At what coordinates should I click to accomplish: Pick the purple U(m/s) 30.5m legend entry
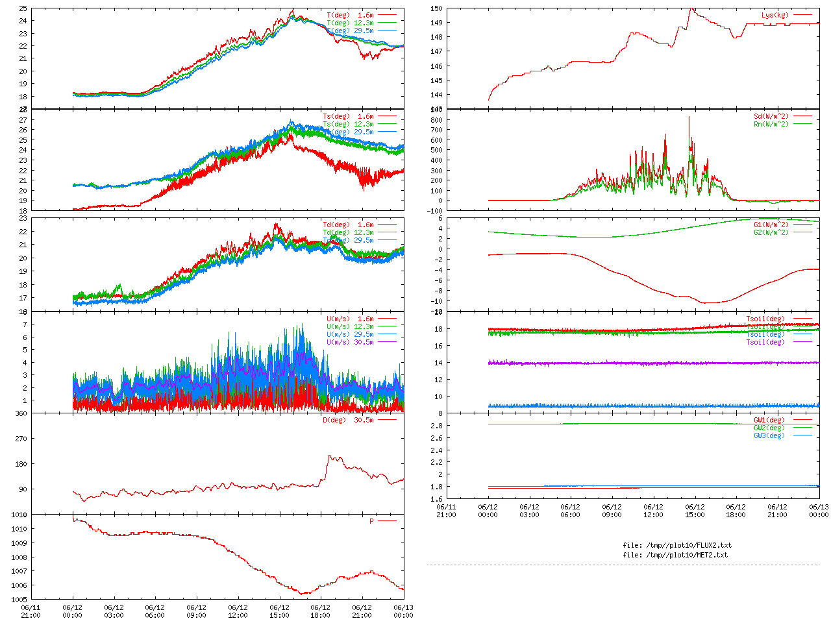click(350, 342)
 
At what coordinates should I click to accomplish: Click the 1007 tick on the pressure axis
click(19, 572)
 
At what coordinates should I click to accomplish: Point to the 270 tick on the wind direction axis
click(21, 439)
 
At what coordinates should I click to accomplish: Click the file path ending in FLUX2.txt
click(676, 545)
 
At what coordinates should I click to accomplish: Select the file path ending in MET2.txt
click(675, 555)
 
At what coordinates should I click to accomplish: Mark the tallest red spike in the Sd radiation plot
click(689, 117)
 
